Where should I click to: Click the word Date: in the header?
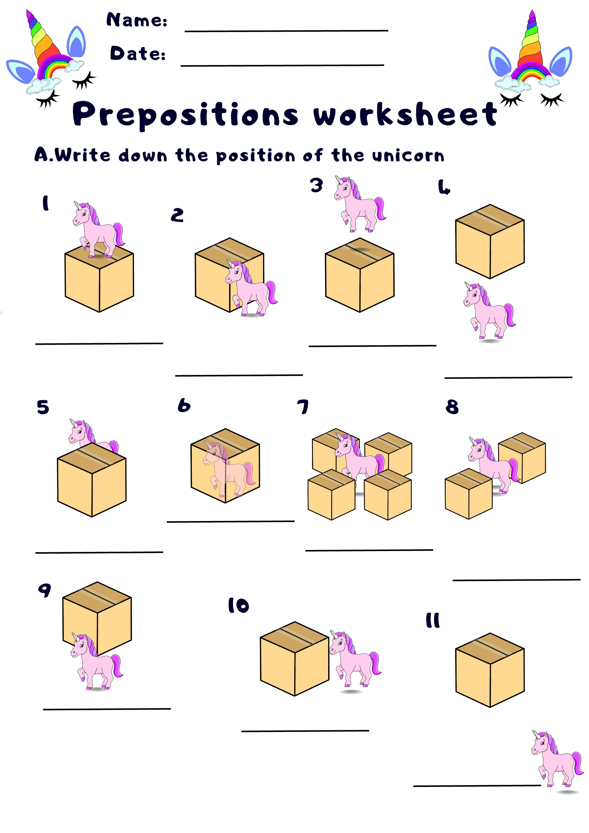(x=138, y=53)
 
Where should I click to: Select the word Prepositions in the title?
(x=185, y=115)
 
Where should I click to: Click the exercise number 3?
(x=316, y=185)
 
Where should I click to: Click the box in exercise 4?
(x=490, y=242)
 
